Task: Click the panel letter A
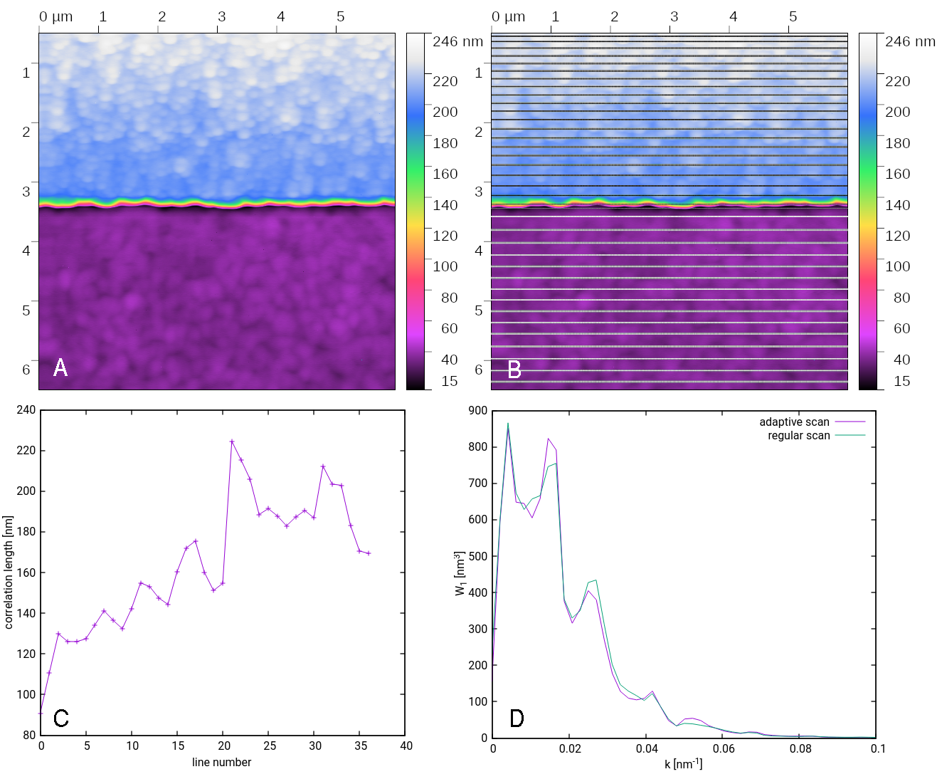tap(60, 367)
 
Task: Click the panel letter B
tap(514, 370)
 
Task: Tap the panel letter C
tap(61, 718)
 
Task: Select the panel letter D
tap(517, 718)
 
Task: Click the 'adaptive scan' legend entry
tap(794, 422)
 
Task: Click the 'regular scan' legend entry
tap(798, 436)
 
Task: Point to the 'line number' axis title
tap(221, 762)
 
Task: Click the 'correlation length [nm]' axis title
tap(9, 573)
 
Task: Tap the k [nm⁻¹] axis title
tap(683, 764)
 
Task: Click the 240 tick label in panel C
tap(26, 410)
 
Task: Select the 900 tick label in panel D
tap(478, 411)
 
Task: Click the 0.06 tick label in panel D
tap(724, 748)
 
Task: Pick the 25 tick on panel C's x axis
tap(270, 746)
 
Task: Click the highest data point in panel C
tap(232, 441)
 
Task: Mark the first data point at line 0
tap(41, 713)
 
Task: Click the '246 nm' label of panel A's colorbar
tap(457, 41)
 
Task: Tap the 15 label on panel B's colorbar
tap(901, 381)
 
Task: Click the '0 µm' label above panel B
tap(508, 16)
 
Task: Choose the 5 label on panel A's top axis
tap(340, 16)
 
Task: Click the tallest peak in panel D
tap(507, 424)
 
